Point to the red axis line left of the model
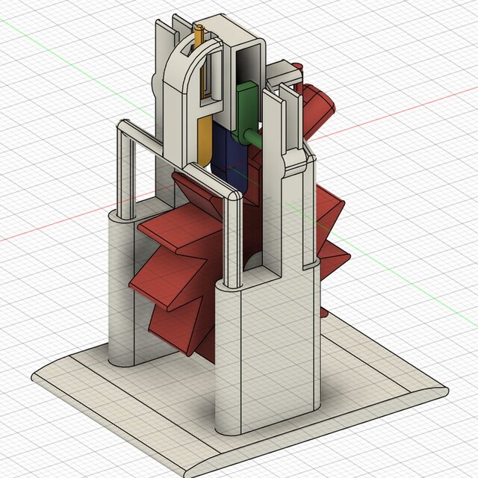coord(45,228)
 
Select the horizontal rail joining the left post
coord(138,131)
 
